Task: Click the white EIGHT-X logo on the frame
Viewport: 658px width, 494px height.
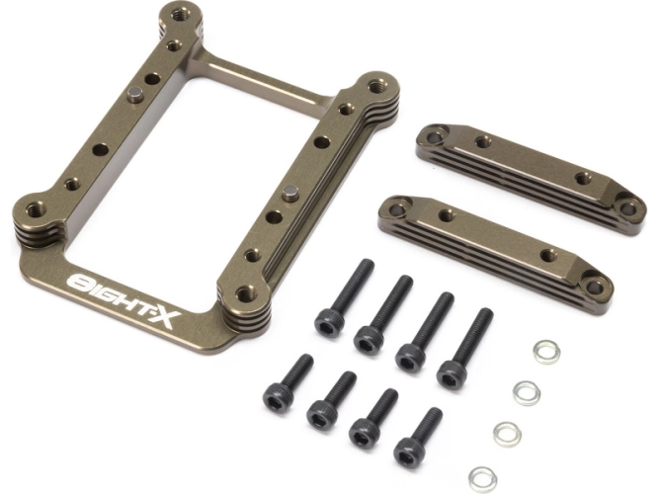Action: (124, 299)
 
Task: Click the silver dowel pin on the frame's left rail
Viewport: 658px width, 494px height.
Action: (135, 94)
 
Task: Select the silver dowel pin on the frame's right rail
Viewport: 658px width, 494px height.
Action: (289, 193)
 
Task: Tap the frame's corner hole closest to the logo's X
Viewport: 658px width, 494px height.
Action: (246, 293)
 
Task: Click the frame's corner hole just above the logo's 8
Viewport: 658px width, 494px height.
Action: (37, 208)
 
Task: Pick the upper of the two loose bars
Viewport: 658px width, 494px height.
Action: (531, 178)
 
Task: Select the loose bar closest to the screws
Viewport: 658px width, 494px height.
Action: (495, 254)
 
